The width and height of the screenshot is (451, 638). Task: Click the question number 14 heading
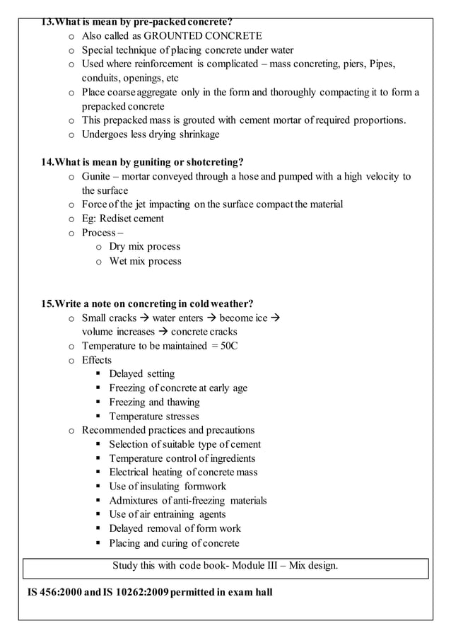(141, 163)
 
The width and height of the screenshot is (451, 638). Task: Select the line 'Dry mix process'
(144, 247)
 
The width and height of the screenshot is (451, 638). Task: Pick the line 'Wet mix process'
(145, 261)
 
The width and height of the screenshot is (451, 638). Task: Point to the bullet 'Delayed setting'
(141, 374)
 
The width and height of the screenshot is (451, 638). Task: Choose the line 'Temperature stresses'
(153, 417)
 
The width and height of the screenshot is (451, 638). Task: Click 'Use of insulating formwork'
(168, 487)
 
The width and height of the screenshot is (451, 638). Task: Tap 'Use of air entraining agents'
(168, 514)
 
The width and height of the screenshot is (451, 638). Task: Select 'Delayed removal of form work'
(175, 528)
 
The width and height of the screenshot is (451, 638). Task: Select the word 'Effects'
(97, 360)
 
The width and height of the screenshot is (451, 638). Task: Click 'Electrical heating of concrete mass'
(183, 472)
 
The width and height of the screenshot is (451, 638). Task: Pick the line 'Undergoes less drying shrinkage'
(151, 134)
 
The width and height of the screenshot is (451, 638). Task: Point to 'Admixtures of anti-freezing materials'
(188, 501)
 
